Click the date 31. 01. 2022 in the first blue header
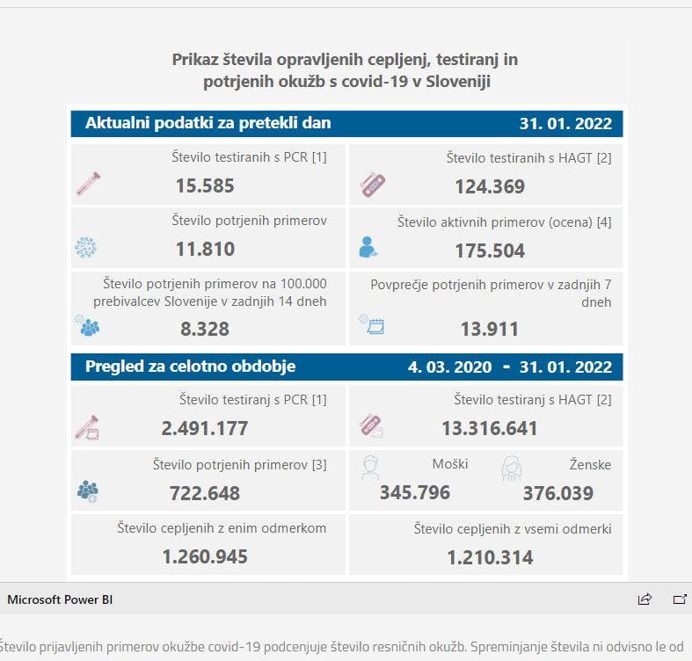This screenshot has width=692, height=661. pos(565,123)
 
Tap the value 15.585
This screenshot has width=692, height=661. pos(205,185)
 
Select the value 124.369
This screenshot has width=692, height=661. pos(490,186)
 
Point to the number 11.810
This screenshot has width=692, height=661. pos(205,249)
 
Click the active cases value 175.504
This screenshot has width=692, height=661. pos(490,251)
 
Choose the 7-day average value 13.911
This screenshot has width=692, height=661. pos(490,330)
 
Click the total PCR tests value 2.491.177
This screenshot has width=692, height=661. pos(205,429)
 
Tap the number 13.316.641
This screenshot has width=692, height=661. pos(490,429)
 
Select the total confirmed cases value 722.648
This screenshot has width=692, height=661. pos(205,493)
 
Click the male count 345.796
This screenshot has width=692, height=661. pos(415,492)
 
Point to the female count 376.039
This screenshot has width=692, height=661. pos(558,493)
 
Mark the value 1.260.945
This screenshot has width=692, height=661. pos(205,556)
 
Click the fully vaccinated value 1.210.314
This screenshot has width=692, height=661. pos(490,557)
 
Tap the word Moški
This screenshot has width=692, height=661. pos(450,464)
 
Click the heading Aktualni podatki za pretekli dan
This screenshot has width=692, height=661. pos(208,123)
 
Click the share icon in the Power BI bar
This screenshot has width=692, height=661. pos(645,599)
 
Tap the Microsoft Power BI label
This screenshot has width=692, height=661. pos(60,599)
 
